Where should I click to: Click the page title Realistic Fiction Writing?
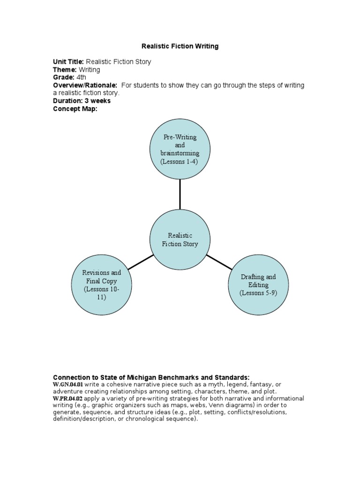180,46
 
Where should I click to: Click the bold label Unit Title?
68,62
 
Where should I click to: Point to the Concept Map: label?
75,108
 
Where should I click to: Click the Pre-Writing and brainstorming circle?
180,149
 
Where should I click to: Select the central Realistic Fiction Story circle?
180,240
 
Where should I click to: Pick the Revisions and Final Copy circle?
102,285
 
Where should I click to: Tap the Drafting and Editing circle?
258,285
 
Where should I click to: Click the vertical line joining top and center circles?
180,194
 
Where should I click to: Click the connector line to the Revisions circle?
141,262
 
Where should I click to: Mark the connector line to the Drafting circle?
219,262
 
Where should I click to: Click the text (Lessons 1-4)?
180,162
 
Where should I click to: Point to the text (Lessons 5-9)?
258,293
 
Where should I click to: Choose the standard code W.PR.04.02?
68,398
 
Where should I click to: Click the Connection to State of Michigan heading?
151,377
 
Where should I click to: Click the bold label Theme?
65,70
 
